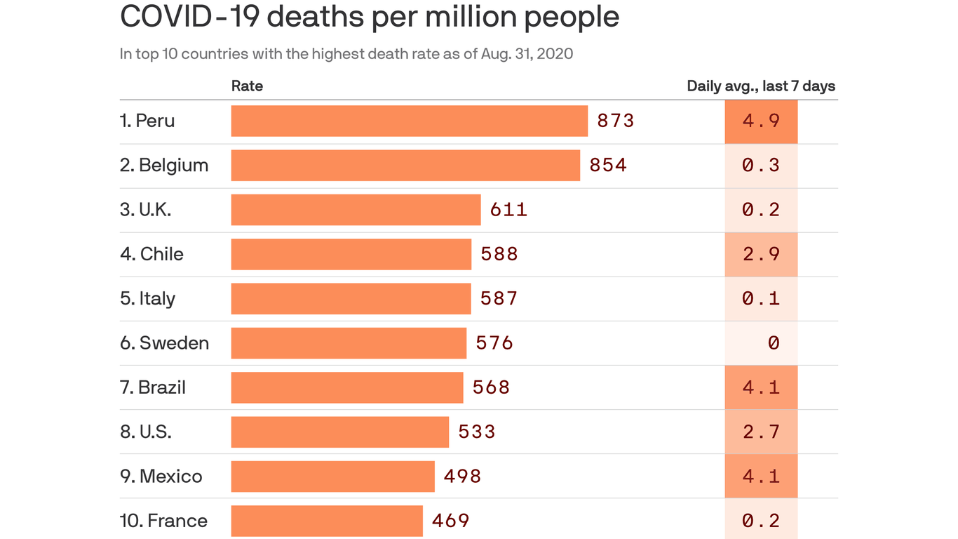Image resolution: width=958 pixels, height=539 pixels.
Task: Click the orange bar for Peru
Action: point(409,121)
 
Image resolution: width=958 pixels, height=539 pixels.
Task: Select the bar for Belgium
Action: point(405,165)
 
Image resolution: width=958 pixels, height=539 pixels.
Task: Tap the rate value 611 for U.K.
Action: point(508,209)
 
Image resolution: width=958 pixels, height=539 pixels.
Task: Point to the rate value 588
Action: point(499,253)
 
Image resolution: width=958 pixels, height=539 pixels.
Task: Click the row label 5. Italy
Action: point(147,298)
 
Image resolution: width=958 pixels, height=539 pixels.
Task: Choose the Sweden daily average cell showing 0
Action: point(762,342)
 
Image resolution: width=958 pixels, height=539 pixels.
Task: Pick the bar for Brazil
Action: point(347,387)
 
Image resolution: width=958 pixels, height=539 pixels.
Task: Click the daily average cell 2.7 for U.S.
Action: point(762,432)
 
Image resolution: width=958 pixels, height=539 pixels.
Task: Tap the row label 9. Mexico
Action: point(161,476)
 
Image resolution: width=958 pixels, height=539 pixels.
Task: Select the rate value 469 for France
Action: point(450,520)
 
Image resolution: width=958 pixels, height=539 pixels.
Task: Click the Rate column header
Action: point(247,86)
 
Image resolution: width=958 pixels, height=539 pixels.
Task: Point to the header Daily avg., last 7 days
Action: point(761,86)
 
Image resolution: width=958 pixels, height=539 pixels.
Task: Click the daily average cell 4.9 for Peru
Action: point(762,121)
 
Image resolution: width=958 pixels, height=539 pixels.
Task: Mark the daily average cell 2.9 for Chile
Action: point(762,253)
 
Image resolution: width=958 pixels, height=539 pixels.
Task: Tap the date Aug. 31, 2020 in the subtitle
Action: point(527,53)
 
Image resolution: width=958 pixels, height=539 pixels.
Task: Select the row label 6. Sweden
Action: point(164,342)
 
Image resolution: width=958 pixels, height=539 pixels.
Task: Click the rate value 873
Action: point(616,121)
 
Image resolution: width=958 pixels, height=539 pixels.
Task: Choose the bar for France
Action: point(327,520)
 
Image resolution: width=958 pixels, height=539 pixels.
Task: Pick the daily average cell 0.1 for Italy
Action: point(762,298)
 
